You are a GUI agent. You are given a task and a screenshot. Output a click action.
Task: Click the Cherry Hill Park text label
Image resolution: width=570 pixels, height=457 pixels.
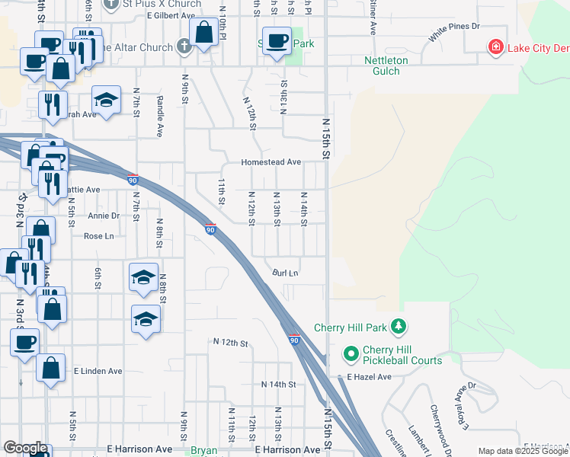pos(351,328)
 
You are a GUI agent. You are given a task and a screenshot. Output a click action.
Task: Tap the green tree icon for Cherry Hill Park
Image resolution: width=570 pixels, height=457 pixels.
pos(397,327)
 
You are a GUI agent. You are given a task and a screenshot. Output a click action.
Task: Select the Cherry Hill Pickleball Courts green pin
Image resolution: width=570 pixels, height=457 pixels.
pos(351,354)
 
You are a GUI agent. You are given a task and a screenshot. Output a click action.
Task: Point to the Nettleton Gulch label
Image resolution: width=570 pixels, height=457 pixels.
pos(386,66)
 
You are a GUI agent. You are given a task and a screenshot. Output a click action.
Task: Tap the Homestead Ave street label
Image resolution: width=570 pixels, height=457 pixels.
pos(271,162)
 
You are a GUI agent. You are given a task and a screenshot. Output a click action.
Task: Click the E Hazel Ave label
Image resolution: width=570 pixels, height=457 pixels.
pos(369,377)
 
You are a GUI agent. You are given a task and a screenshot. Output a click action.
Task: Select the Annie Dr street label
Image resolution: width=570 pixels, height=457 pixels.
pos(104,216)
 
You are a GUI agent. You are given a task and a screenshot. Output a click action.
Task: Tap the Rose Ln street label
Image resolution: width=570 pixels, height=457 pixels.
pos(98,236)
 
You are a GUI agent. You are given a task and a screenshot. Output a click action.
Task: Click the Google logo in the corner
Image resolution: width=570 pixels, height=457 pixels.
pos(25,448)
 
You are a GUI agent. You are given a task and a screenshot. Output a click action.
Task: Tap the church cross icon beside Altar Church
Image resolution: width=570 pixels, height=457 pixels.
pos(183,47)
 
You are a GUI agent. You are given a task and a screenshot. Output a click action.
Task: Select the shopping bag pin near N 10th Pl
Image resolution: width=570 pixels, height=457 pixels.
pos(204,34)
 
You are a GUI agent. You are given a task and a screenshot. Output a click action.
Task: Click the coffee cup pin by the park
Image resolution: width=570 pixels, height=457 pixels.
pos(277,41)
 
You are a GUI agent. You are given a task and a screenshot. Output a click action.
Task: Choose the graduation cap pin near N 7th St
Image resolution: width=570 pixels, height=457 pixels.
pos(106,100)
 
